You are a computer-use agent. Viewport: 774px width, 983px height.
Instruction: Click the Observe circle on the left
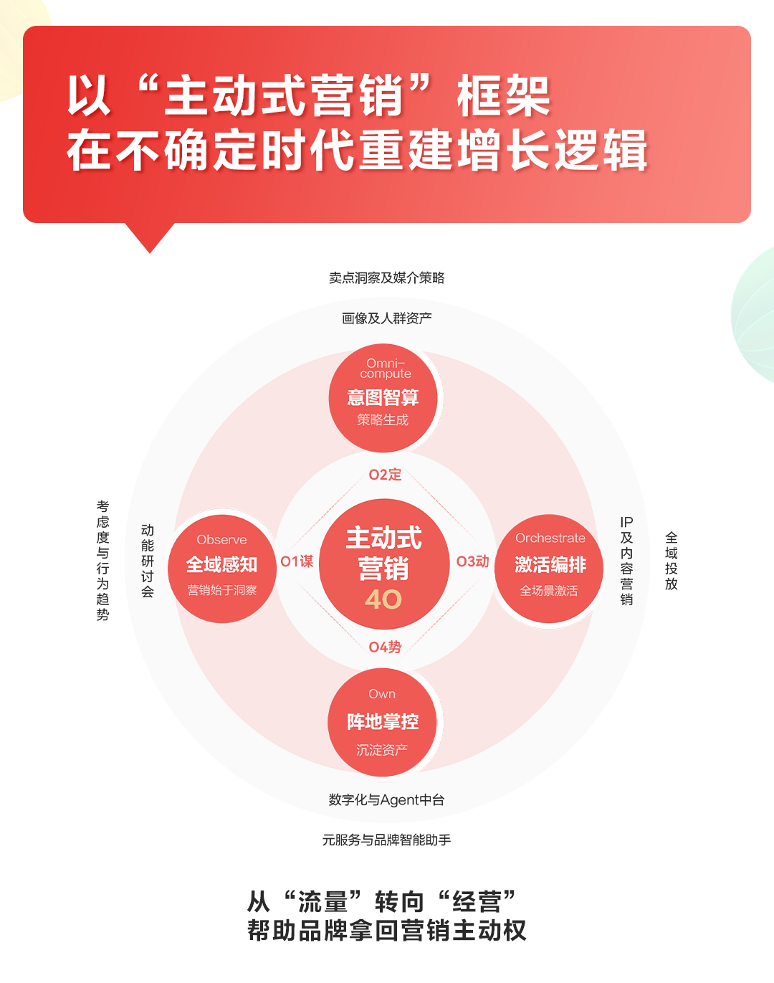tap(222, 569)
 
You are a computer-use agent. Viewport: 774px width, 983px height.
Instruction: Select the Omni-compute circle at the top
tap(383, 398)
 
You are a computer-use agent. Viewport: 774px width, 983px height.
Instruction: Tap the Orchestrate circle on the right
tap(549, 569)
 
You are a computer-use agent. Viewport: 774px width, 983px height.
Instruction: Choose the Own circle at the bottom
tap(382, 722)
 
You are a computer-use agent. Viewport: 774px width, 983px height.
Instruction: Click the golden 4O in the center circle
tap(383, 599)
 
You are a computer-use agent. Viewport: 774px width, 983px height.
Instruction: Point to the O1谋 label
tap(297, 561)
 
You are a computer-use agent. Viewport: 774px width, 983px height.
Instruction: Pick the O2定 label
tap(385, 475)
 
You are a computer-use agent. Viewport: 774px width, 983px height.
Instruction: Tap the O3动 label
tap(472, 561)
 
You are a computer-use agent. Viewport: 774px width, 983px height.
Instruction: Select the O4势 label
tap(385, 647)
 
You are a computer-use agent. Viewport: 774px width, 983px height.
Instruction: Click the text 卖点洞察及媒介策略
tap(386, 277)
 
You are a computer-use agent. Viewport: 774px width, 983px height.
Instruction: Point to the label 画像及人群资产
tap(387, 318)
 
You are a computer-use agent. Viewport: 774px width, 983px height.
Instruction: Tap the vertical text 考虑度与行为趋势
tap(102, 561)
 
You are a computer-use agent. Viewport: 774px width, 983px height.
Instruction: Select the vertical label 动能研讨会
tap(147, 561)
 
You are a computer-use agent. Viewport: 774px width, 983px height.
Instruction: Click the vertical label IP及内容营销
tap(626, 561)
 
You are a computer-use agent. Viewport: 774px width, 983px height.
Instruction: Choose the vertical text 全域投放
tap(672, 561)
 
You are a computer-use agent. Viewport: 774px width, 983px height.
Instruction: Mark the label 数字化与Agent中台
tap(386, 800)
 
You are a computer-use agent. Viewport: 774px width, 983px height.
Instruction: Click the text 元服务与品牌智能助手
tap(386, 840)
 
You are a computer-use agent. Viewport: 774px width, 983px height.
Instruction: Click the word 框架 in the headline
tap(504, 96)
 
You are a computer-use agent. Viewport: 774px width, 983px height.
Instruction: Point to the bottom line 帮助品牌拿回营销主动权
tap(387, 931)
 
